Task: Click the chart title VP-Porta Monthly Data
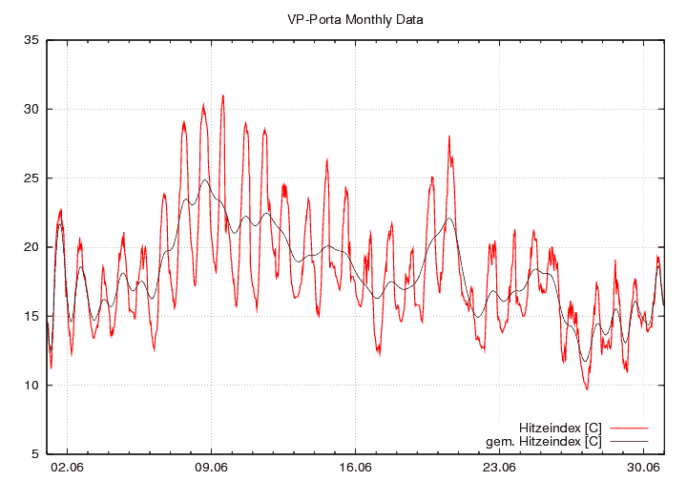355,19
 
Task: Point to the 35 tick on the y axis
31,40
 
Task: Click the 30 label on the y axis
31,109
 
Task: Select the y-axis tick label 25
31,178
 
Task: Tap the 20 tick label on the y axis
31,247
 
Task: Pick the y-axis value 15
31,316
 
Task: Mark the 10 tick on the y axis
31,386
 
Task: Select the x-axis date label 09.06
211,468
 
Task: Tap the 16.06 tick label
355,468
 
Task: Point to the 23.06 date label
499,468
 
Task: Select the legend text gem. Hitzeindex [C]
544,441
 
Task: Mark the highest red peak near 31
223,95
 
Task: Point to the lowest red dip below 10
587,388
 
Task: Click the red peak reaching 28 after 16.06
448,136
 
